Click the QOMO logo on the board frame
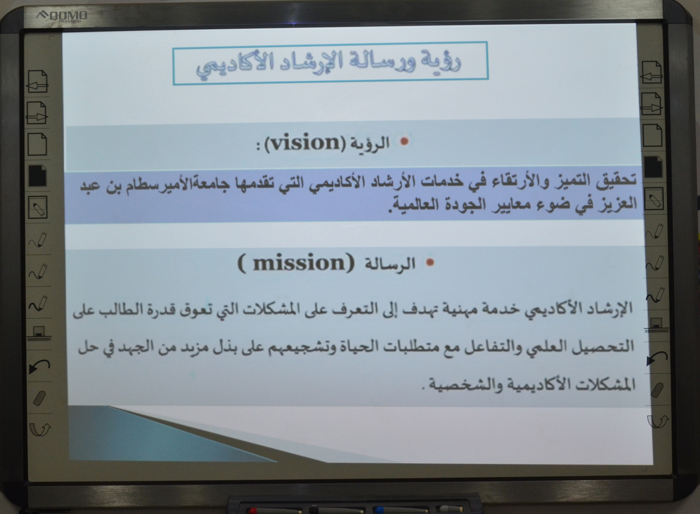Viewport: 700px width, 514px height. coord(62,15)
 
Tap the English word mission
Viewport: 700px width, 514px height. coord(299,263)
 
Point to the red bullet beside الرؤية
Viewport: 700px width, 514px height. coord(405,141)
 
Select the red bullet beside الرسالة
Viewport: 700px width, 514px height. coord(430,263)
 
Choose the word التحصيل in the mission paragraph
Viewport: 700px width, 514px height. coord(602,347)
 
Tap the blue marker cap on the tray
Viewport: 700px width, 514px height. coord(379,510)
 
